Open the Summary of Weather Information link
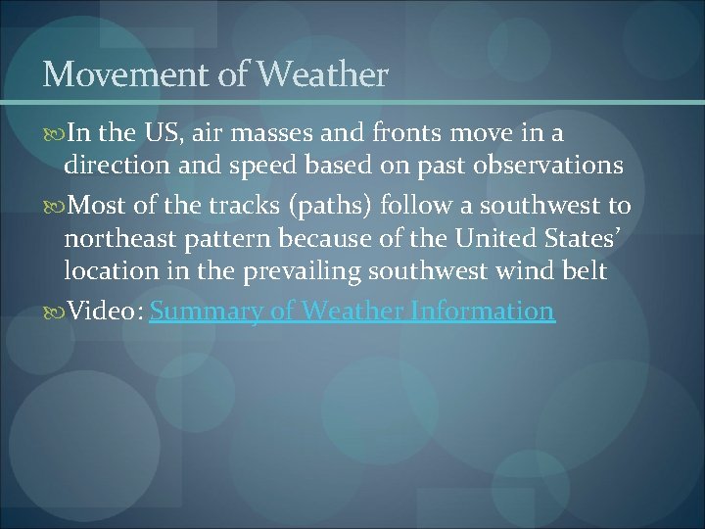[352, 312]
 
